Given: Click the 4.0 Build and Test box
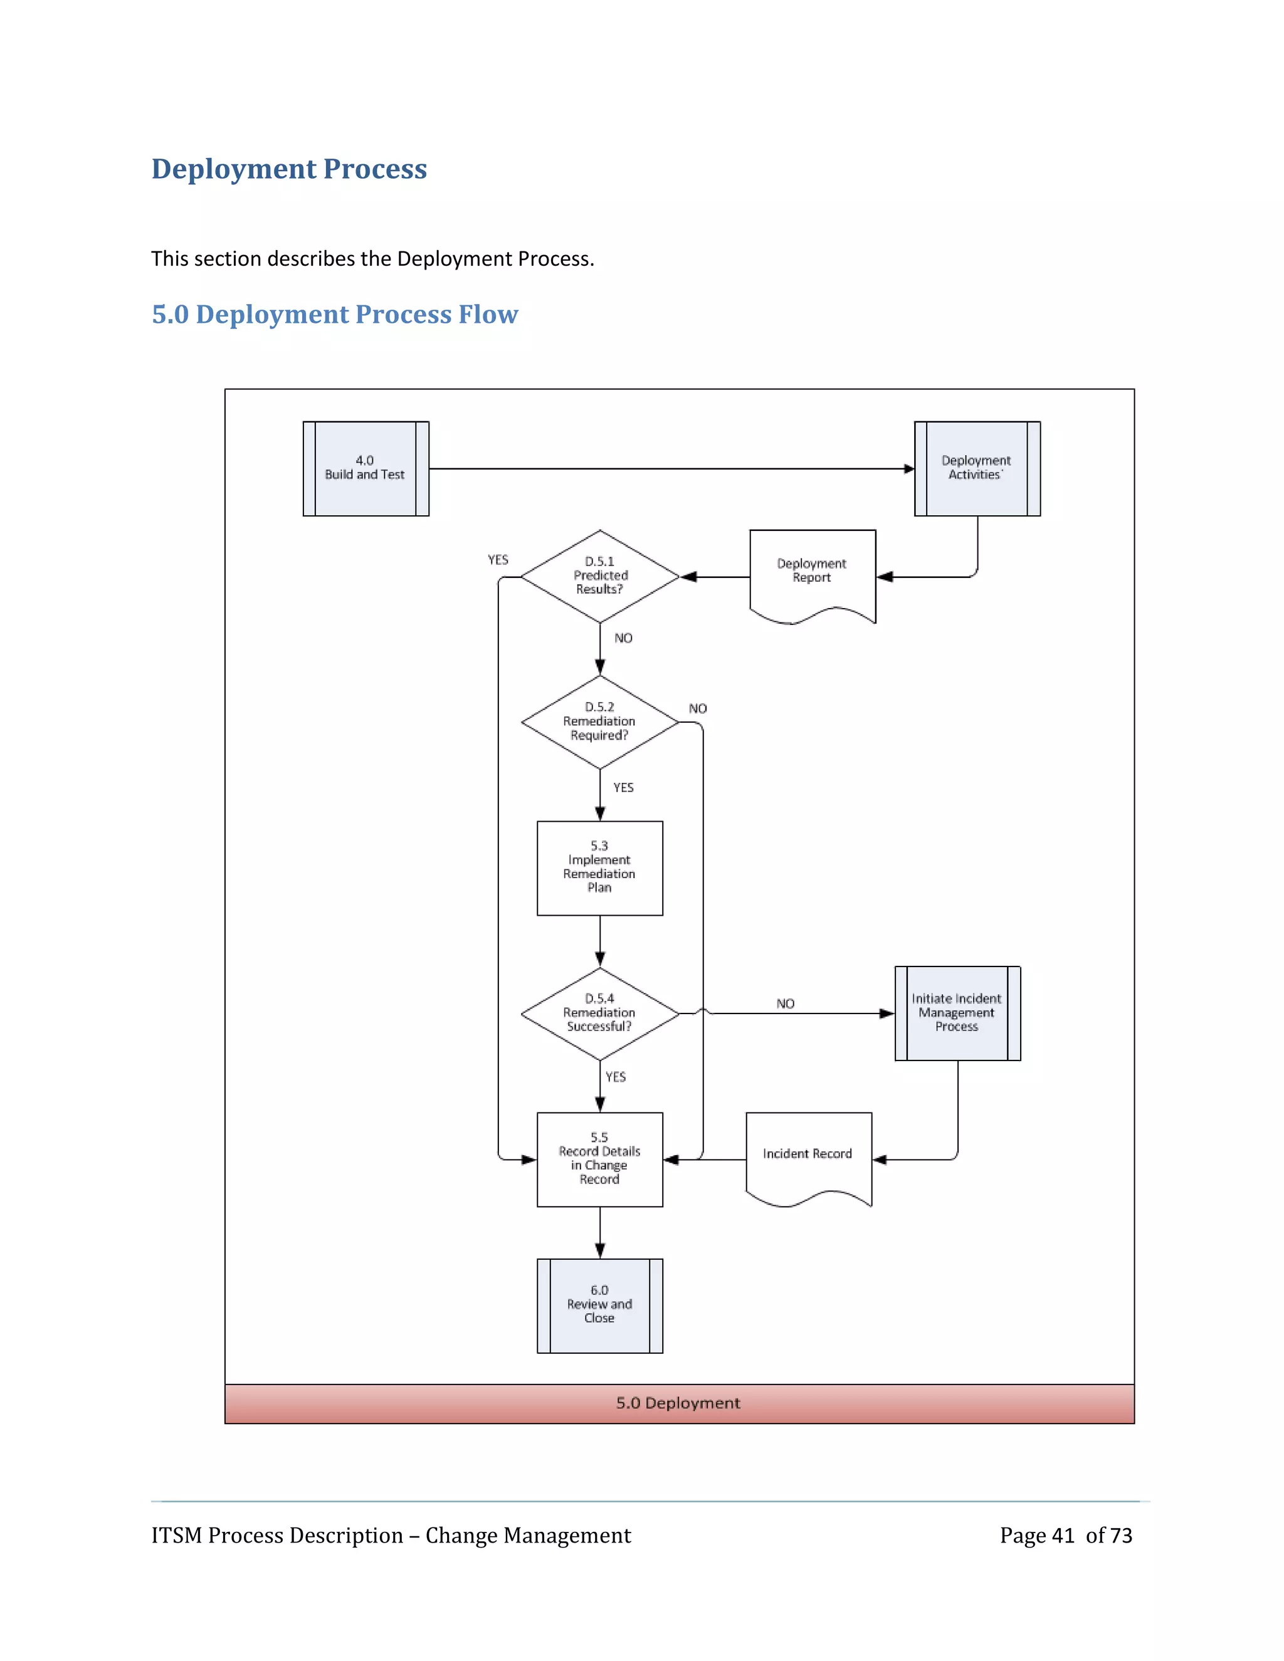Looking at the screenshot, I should point(365,468).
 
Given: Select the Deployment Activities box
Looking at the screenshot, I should point(977,468).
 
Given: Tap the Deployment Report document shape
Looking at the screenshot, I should point(812,572).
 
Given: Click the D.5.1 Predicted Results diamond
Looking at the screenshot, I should point(599,576).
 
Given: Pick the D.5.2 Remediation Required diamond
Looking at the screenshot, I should point(599,721).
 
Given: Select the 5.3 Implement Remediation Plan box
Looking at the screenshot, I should point(599,867).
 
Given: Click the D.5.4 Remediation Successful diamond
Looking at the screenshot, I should point(599,1013).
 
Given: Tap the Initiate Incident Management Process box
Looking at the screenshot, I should point(957,1013).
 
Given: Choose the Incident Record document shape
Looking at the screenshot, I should point(808,1155).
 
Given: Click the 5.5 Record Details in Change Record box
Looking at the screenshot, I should point(599,1159).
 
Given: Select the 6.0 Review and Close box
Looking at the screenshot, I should point(599,1305).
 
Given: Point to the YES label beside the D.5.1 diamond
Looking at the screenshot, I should point(497,560).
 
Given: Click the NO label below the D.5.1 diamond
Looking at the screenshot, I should point(623,638).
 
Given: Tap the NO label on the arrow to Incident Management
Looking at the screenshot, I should point(785,1004).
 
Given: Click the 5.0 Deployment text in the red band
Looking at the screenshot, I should point(678,1403).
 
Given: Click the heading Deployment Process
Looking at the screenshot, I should point(289,169).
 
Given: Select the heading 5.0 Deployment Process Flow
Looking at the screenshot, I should point(335,314).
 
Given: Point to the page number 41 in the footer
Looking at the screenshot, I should point(1063,1536).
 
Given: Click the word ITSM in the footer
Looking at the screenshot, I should point(176,1536).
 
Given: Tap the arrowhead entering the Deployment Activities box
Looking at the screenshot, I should point(909,468).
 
